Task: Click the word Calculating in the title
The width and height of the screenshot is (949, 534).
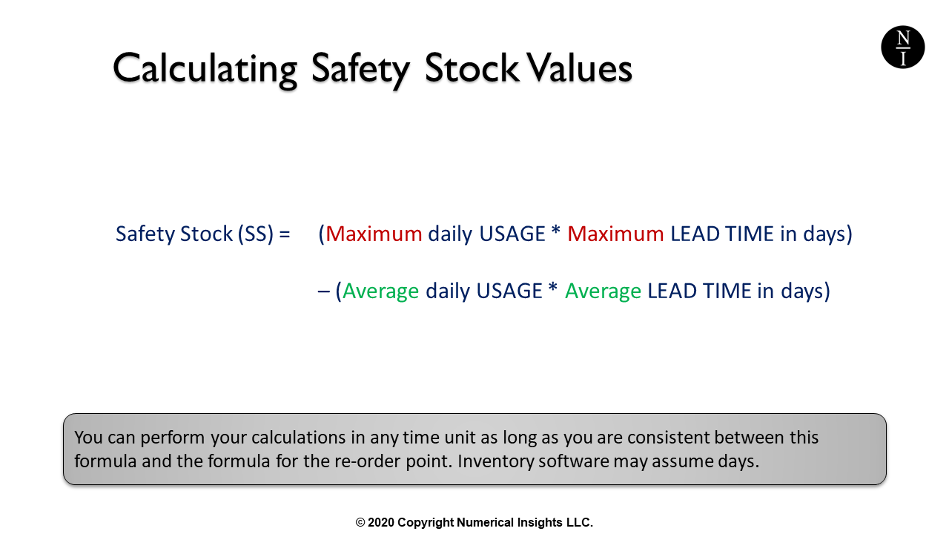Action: [x=205, y=69]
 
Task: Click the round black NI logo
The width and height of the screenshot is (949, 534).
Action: [x=902, y=47]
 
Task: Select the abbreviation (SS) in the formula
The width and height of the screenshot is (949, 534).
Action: [x=255, y=234]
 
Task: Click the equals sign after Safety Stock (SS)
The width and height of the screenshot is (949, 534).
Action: [x=284, y=234]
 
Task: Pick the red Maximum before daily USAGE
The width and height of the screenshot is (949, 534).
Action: [x=374, y=234]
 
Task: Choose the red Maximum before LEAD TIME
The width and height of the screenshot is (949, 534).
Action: [x=615, y=234]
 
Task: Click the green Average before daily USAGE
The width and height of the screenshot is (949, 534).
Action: [x=380, y=291]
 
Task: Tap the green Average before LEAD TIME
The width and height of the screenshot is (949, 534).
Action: [x=603, y=291]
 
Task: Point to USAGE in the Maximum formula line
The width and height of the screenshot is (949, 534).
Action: [x=512, y=234]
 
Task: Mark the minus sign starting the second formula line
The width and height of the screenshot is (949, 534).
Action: [x=323, y=291]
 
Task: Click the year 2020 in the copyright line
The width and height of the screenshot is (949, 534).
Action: [x=381, y=523]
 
